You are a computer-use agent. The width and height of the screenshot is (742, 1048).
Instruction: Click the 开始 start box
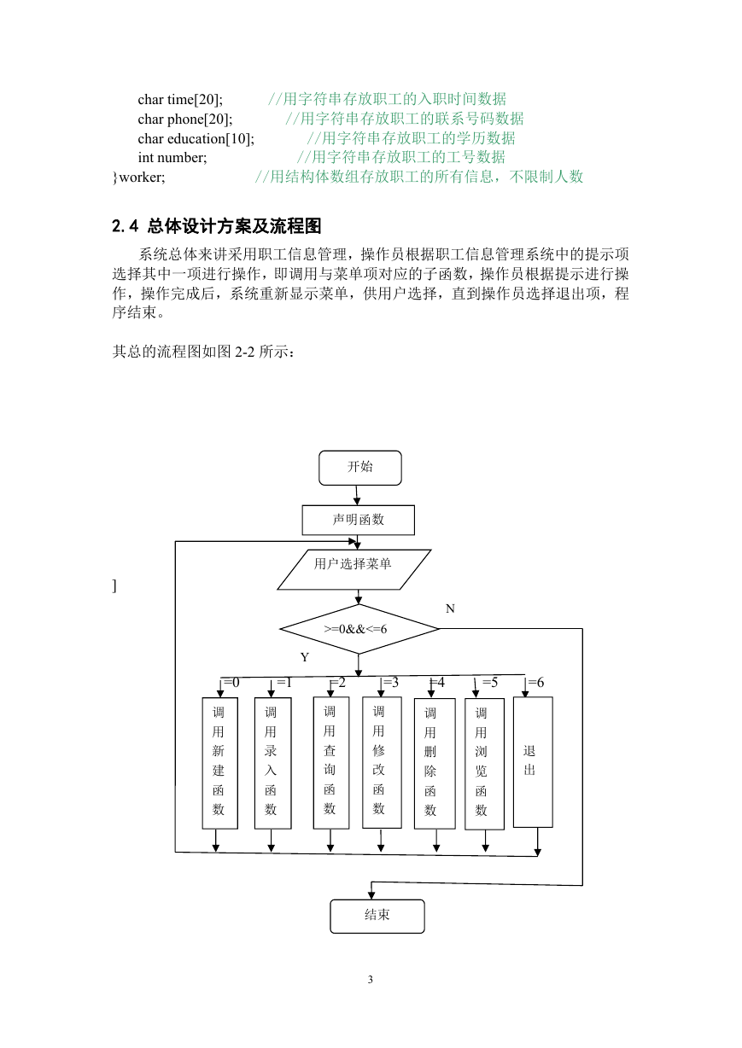(x=360, y=468)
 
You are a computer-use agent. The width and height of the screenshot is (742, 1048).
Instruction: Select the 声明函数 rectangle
(x=358, y=520)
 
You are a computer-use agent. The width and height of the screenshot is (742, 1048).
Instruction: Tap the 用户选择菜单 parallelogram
(x=353, y=569)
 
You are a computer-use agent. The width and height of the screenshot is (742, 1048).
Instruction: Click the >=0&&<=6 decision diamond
(x=359, y=629)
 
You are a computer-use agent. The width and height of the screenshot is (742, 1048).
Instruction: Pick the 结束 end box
(x=377, y=916)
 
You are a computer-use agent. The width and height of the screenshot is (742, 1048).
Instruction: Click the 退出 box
(x=533, y=761)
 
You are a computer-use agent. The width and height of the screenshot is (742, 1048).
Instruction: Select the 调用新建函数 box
(x=220, y=763)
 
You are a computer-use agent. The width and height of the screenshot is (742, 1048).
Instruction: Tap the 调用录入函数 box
(x=273, y=763)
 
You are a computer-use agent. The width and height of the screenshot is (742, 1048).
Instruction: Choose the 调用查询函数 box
(x=331, y=763)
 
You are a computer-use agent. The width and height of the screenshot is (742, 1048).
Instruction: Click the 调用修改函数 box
(x=382, y=763)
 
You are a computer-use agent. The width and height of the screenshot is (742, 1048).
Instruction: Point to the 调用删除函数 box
(x=435, y=764)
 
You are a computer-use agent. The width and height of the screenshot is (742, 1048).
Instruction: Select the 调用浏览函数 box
(x=484, y=764)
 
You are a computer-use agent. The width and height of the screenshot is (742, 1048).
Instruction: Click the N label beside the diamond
(x=450, y=608)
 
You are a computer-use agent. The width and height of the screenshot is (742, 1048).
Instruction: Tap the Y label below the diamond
(x=305, y=657)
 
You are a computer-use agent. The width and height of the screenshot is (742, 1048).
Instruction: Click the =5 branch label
(x=489, y=683)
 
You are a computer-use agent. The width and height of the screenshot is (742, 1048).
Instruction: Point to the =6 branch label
(x=536, y=683)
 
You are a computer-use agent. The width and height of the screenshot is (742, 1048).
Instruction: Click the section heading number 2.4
(x=126, y=226)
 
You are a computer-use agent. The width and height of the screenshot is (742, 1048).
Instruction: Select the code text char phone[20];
(x=185, y=119)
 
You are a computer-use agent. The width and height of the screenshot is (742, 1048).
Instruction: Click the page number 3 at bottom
(x=371, y=980)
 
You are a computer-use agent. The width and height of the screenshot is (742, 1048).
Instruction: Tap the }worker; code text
(x=138, y=178)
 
